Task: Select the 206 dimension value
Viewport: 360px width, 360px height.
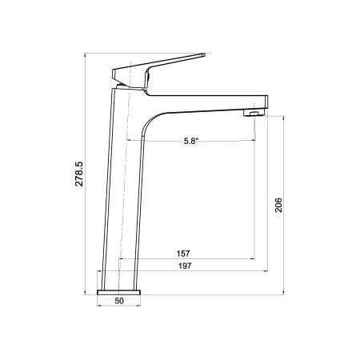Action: [278, 206]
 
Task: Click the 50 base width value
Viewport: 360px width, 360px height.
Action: [120, 302]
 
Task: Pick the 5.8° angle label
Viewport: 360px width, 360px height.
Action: [190, 141]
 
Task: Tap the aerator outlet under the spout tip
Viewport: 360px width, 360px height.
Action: [254, 114]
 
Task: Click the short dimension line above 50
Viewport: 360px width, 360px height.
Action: [120, 295]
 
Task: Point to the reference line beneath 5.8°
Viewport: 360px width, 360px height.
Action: [200, 147]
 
